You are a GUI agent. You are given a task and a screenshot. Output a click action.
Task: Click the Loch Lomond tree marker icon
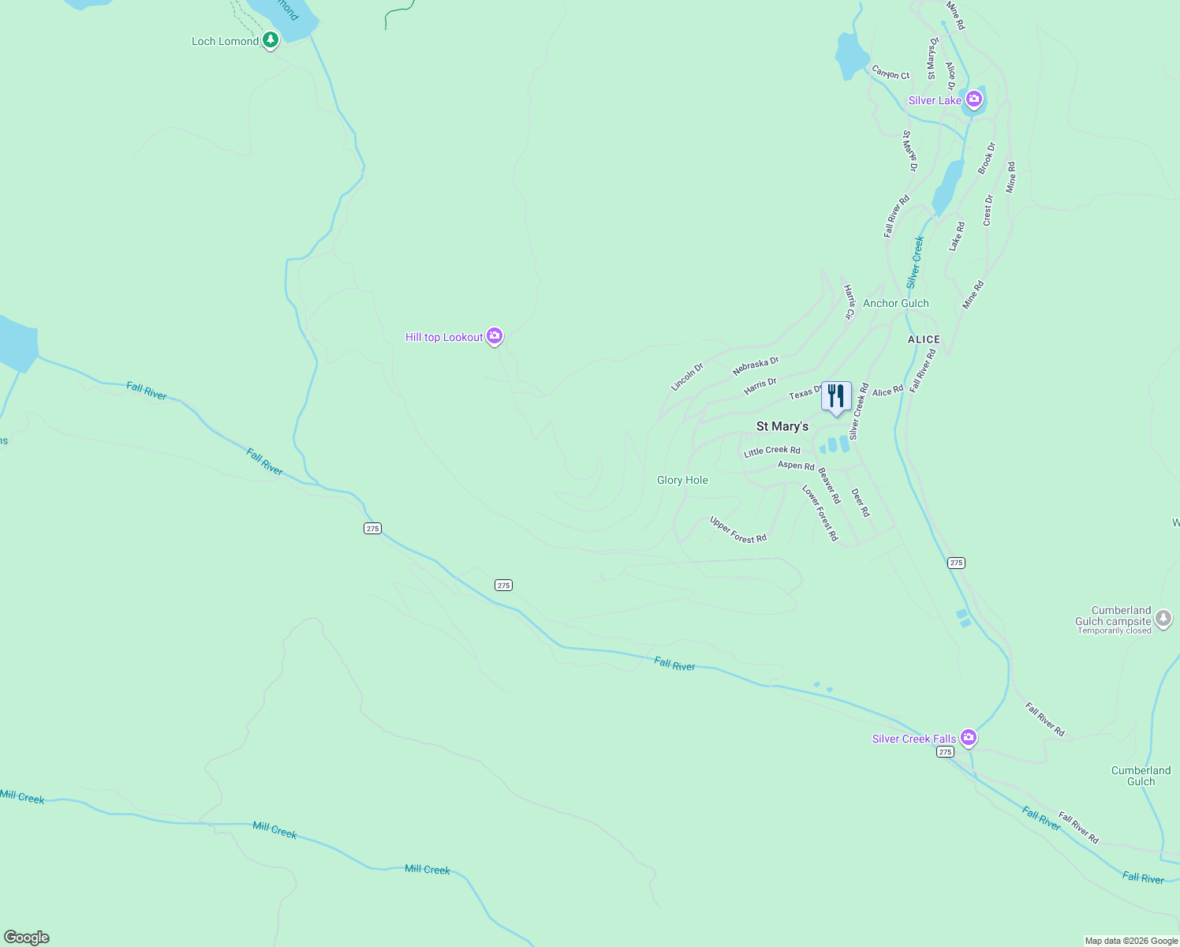pyautogui.click(x=271, y=39)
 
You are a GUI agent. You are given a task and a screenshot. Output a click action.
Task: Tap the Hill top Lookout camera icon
pyautogui.click(x=495, y=336)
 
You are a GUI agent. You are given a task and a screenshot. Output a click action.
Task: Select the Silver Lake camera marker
pyautogui.click(x=974, y=99)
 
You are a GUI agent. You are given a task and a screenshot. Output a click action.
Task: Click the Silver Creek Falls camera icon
pyautogui.click(x=969, y=738)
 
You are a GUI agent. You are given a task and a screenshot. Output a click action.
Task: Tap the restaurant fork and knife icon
pyautogui.click(x=835, y=395)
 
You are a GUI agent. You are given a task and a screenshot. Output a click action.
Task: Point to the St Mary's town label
pyautogui.click(x=782, y=426)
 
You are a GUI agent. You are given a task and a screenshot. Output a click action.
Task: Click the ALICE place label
pyautogui.click(x=924, y=339)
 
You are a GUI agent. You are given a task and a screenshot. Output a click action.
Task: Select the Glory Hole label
pyautogui.click(x=682, y=480)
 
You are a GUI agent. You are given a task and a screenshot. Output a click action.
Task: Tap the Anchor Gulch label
pyautogui.click(x=895, y=303)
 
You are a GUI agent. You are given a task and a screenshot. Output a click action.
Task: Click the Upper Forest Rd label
pyautogui.click(x=737, y=530)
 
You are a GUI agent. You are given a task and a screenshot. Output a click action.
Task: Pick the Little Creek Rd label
pyautogui.click(x=771, y=451)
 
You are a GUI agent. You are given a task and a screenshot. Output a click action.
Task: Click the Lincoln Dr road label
pyautogui.click(x=686, y=376)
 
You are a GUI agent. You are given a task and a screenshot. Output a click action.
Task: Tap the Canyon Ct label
pyautogui.click(x=891, y=73)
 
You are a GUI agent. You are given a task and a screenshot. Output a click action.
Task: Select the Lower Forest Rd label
pyautogui.click(x=820, y=513)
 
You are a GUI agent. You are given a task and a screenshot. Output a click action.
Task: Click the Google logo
pyautogui.click(x=27, y=938)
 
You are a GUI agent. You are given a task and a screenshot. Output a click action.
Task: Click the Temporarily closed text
pyautogui.click(x=1115, y=631)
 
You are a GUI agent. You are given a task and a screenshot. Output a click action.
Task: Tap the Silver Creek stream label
pyautogui.click(x=915, y=262)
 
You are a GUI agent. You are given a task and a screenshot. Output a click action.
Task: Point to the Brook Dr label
pyautogui.click(x=987, y=158)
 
